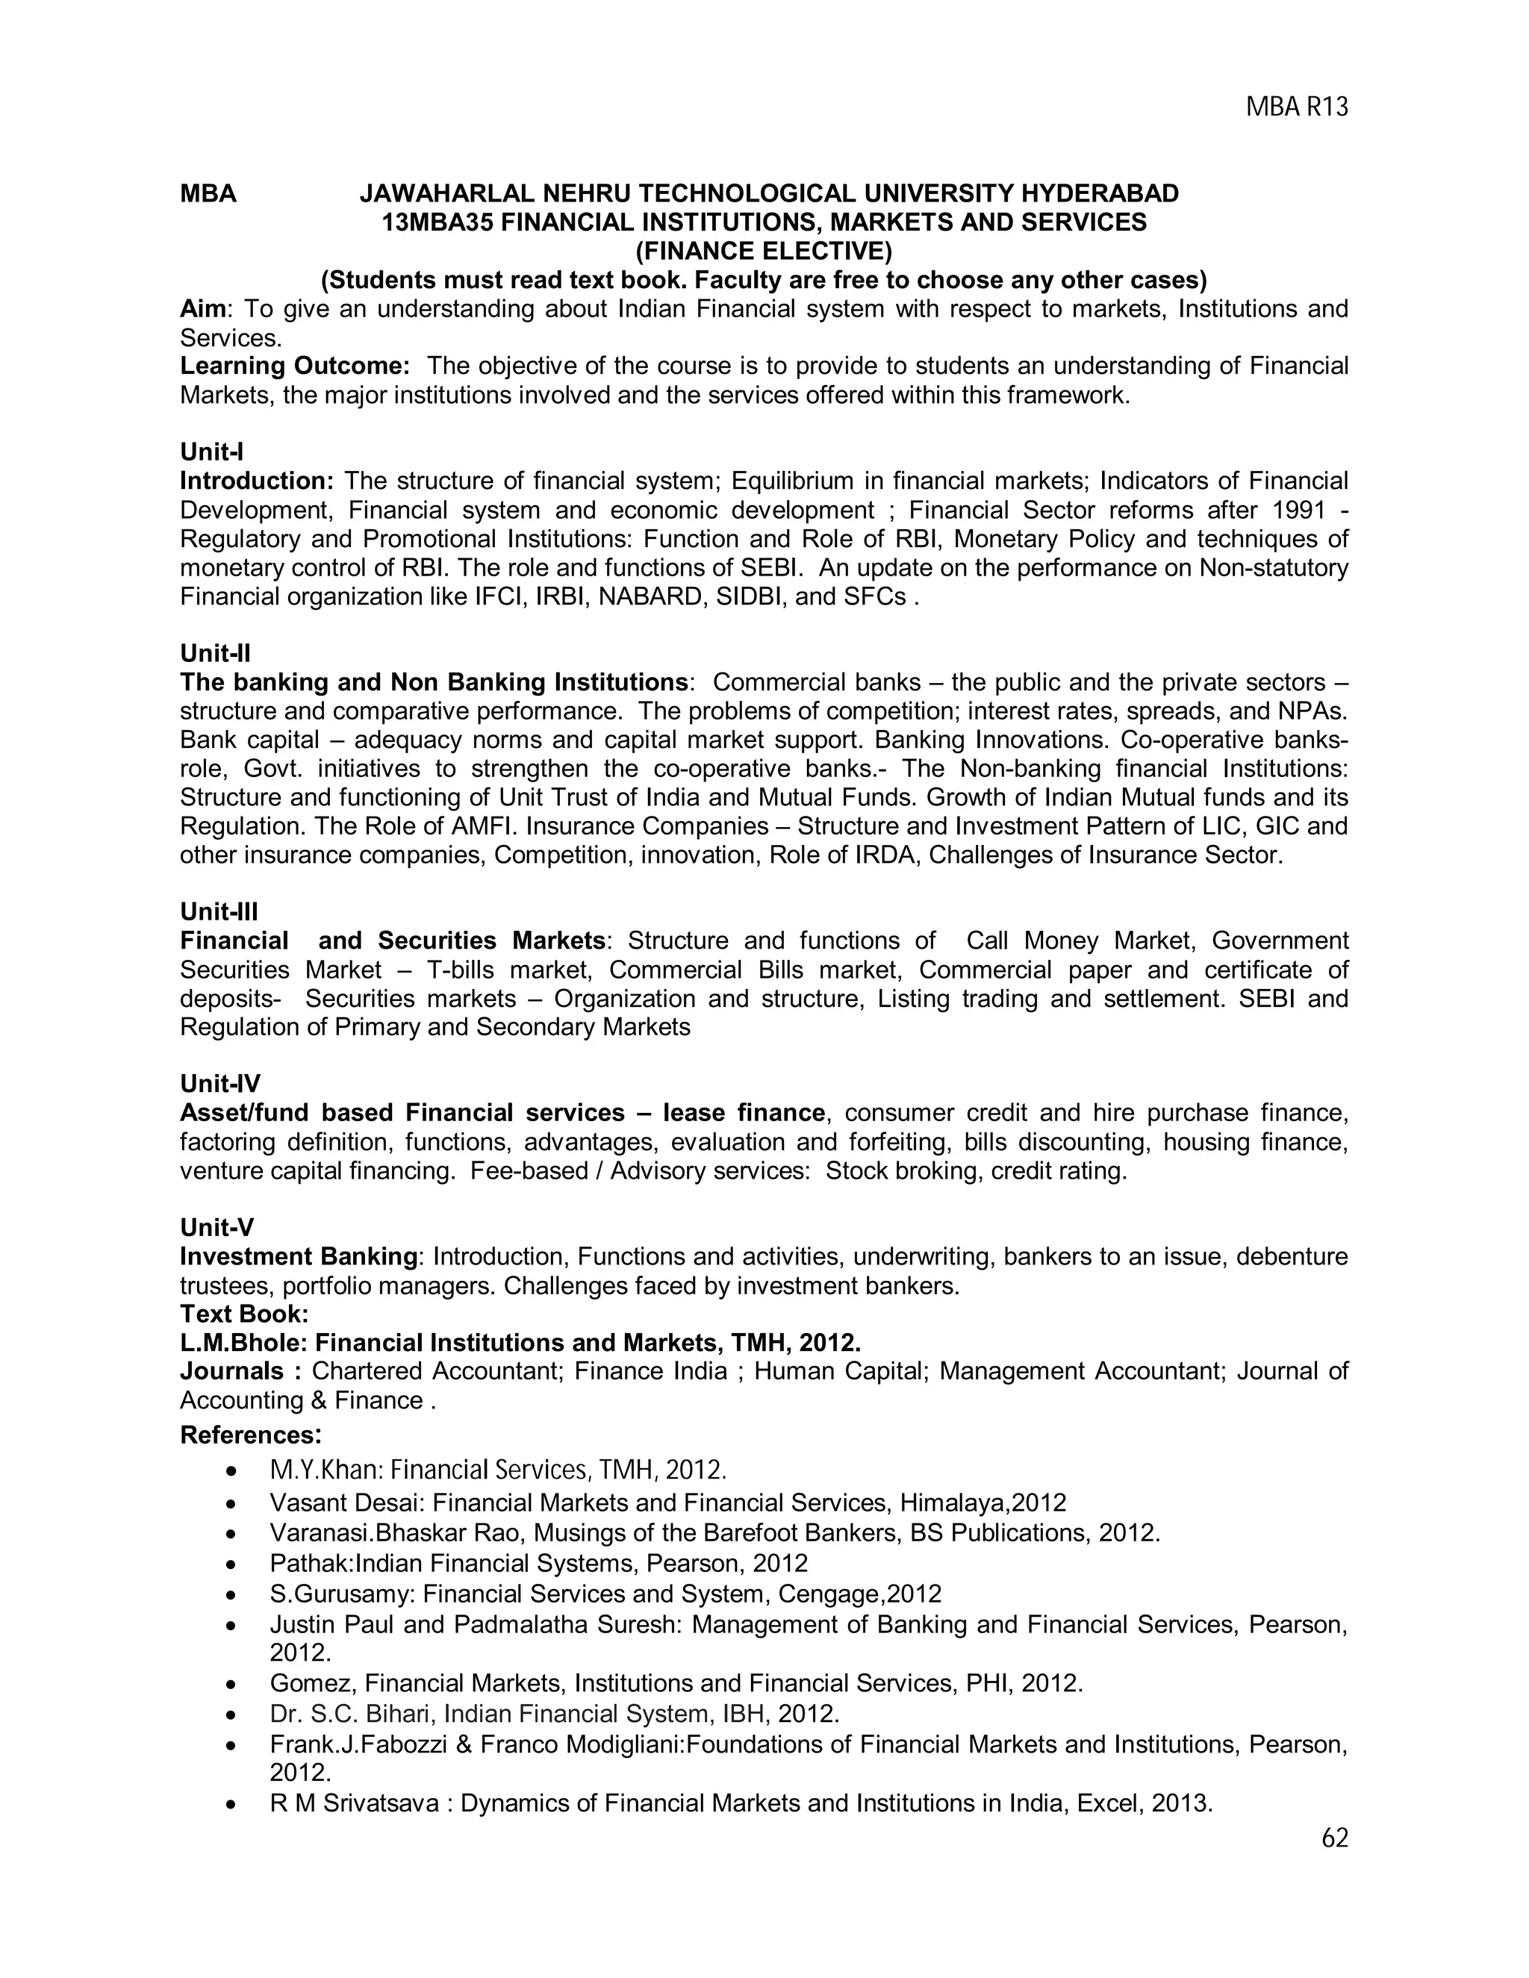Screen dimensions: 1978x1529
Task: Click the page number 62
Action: click(1335, 1838)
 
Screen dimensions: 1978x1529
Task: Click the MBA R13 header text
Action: click(1297, 107)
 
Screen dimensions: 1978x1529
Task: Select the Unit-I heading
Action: click(212, 451)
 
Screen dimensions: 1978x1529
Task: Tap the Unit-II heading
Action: click(216, 653)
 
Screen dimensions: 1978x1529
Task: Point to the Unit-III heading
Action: click(219, 911)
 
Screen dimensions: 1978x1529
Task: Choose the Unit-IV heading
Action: click(220, 1083)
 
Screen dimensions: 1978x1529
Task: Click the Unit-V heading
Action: click(217, 1227)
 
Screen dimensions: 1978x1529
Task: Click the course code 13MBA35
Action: click(437, 222)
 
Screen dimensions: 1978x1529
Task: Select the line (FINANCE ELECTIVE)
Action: click(764, 251)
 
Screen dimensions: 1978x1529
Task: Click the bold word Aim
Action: click(202, 309)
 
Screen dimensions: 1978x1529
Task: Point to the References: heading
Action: click(251, 1435)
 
